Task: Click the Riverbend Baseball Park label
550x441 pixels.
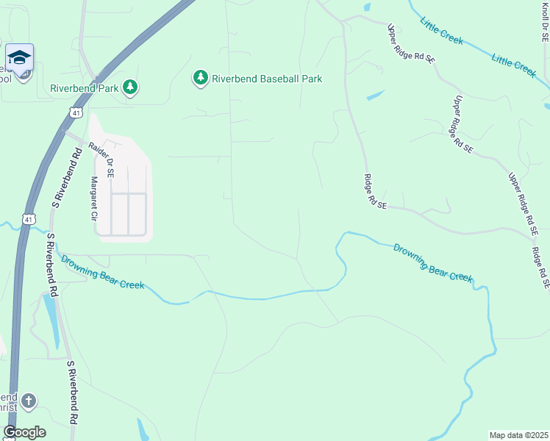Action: (x=267, y=79)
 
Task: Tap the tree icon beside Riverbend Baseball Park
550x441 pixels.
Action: (x=201, y=78)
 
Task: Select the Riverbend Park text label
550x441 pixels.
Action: (x=84, y=88)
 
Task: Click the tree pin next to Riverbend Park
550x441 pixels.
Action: (x=130, y=88)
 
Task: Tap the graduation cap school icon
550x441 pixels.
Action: (x=19, y=57)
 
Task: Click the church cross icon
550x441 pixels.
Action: (x=28, y=401)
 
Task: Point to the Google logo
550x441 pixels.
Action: (x=24, y=432)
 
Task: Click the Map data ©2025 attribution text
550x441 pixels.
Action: (x=519, y=435)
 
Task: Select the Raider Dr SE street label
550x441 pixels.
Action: (x=101, y=159)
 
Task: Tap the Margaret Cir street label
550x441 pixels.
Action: (x=94, y=198)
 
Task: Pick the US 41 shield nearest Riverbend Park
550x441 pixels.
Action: (x=76, y=112)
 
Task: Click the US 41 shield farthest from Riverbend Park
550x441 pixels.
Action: (x=28, y=219)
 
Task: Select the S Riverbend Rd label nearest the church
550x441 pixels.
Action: (x=72, y=393)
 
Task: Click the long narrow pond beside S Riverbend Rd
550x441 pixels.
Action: (x=51, y=320)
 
